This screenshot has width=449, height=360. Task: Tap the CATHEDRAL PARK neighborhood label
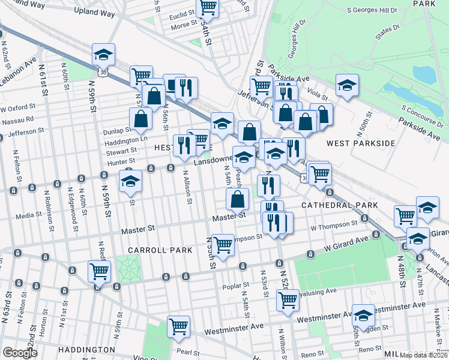pyautogui.click(x=340, y=205)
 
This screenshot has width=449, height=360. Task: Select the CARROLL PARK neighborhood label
pyautogui.click(x=159, y=250)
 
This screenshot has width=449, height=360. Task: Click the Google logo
pyautogui.click(x=20, y=353)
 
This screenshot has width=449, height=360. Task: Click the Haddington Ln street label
pyautogui.click(x=126, y=139)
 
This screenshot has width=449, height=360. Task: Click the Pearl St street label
pyautogui.click(x=184, y=351)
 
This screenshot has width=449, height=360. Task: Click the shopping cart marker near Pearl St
pyautogui.click(x=178, y=326)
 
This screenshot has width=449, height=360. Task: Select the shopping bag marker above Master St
pyautogui.click(x=238, y=199)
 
